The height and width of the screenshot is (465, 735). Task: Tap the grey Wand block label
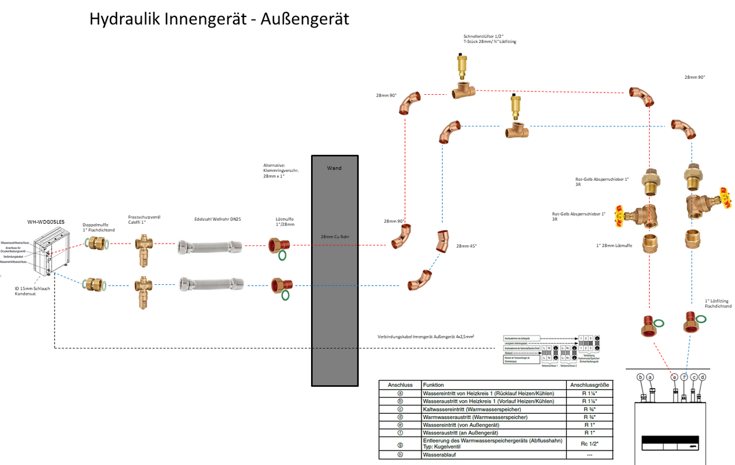pos(334,168)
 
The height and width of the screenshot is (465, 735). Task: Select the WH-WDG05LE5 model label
pos(46,222)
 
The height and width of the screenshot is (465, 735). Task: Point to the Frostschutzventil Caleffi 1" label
pos(144,220)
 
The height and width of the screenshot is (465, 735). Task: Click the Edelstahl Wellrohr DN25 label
pos(218,219)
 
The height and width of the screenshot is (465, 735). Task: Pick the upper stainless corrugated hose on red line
pos(210,247)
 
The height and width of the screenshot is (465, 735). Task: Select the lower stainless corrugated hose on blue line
pos(210,284)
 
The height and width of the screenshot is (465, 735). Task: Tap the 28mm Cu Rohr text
pos(334,237)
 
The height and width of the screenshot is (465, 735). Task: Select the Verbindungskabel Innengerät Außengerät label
pos(426,337)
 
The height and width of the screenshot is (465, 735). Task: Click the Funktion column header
pos(433,384)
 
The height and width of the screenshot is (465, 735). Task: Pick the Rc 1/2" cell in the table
pos(589,443)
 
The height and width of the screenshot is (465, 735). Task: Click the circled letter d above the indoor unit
pos(703,377)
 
